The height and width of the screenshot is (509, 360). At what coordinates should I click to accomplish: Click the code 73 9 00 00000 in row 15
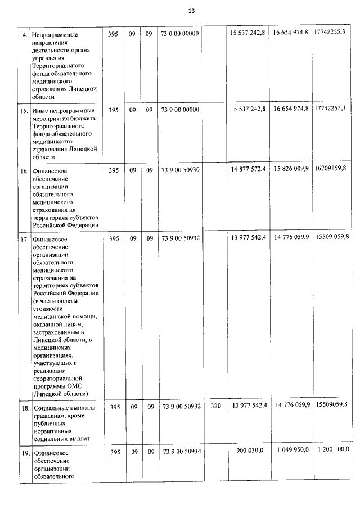[x=180, y=110]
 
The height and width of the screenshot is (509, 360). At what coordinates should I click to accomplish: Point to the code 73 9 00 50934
[x=180, y=452]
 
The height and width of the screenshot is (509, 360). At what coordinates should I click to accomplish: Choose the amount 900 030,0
[x=254, y=452]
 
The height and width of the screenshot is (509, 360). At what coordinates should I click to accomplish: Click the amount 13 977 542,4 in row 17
[x=247, y=238]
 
